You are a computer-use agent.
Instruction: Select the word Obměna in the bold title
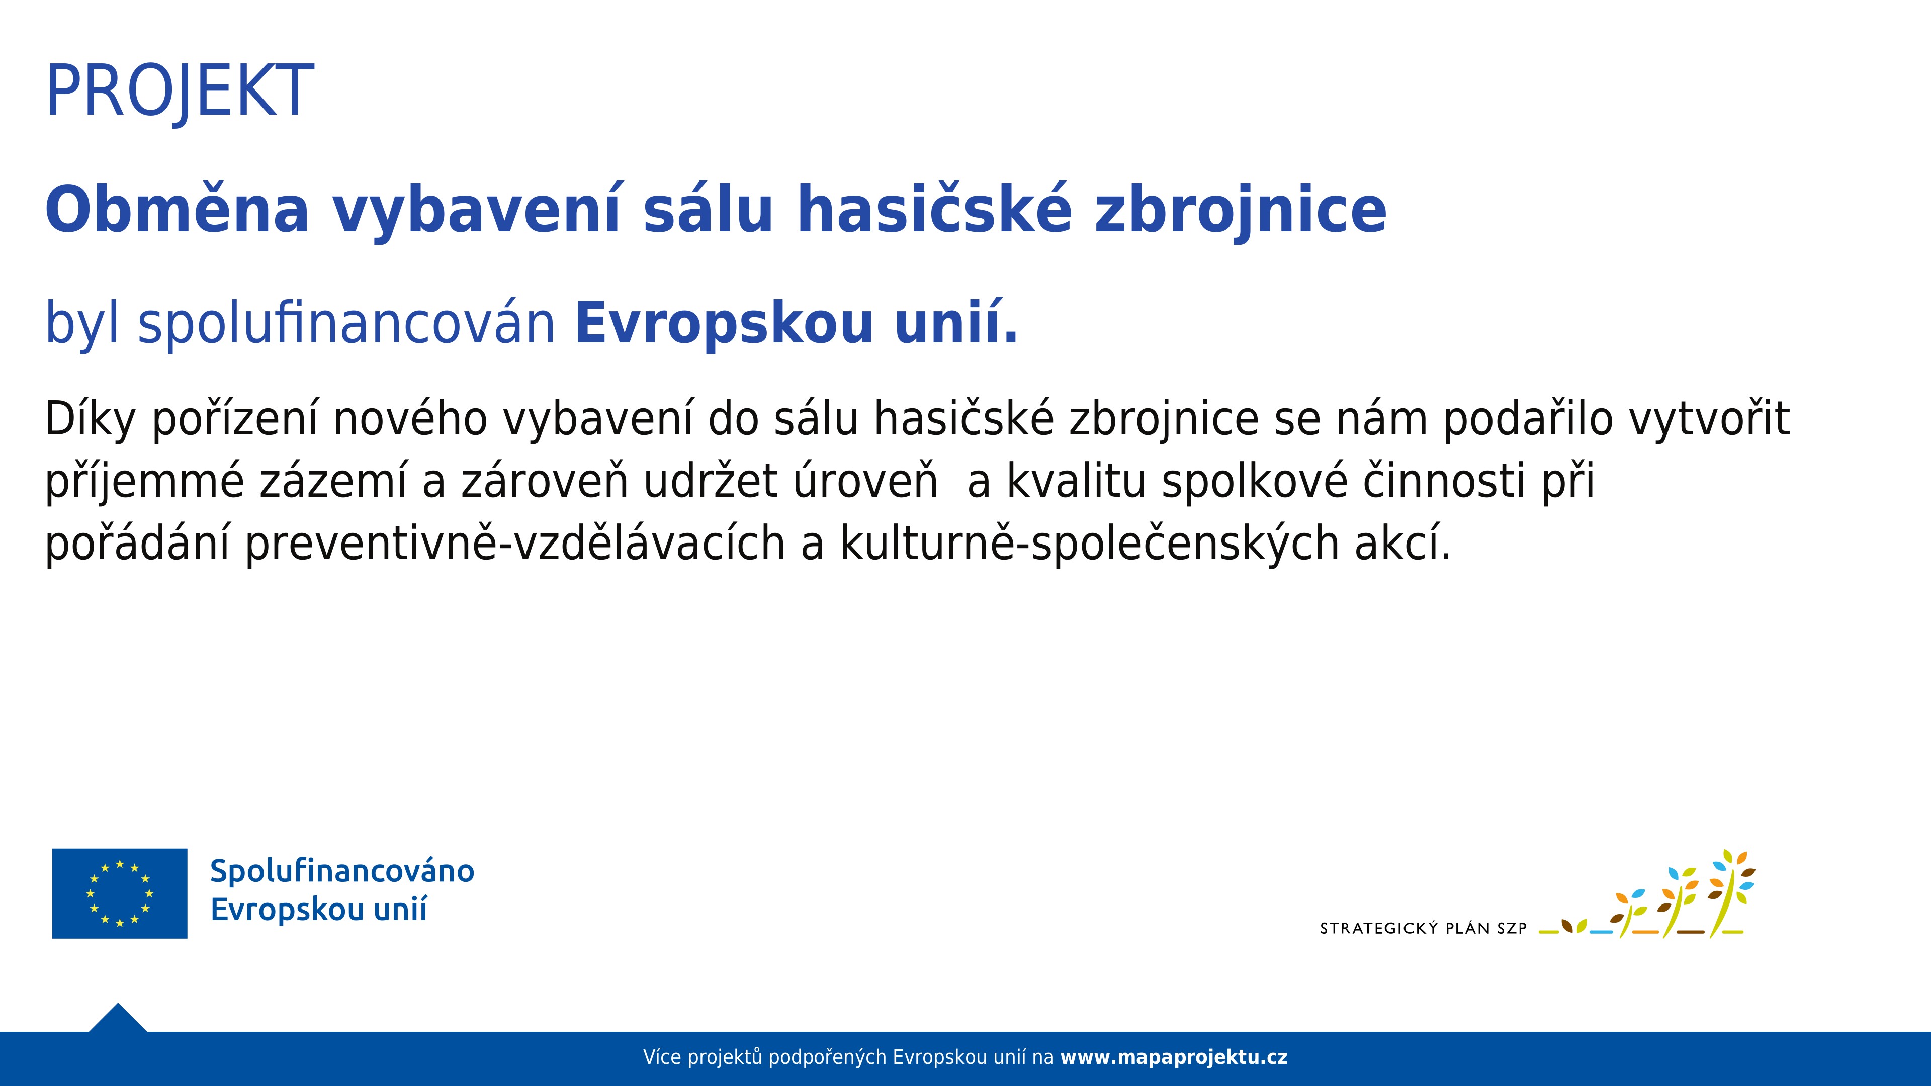click(x=178, y=209)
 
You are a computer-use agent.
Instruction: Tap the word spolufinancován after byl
click(x=346, y=323)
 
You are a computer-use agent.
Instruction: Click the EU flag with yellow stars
click(x=120, y=893)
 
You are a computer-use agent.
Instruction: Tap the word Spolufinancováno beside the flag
click(x=342, y=871)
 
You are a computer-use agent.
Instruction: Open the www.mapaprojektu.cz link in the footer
click(x=1174, y=1057)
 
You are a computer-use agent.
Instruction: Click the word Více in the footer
click(x=662, y=1057)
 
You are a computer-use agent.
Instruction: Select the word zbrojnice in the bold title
click(x=1241, y=209)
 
